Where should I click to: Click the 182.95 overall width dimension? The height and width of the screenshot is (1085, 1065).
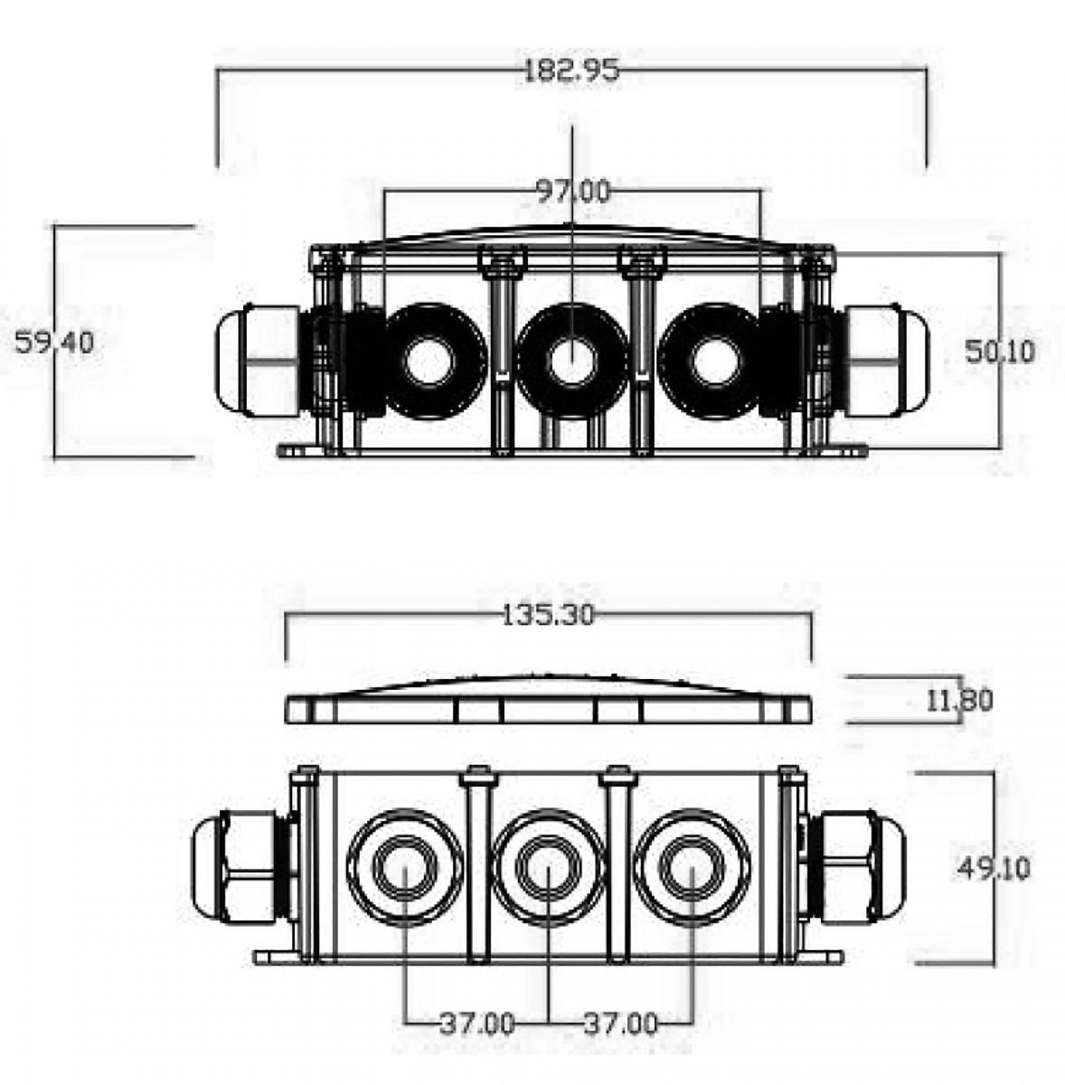(x=571, y=71)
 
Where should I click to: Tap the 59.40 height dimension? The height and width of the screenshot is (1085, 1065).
(x=54, y=343)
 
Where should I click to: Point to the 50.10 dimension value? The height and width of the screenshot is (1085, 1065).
(x=1000, y=352)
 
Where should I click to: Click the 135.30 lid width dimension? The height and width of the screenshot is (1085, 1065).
(x=548, y=616)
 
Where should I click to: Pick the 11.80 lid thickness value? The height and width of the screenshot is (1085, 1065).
(x=959, y=701)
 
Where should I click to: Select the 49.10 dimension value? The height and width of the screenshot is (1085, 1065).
(x=994, y=868)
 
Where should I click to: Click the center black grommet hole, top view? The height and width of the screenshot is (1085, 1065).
(x=571, y=361)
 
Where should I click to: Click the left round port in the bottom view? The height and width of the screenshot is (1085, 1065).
(x=405, y=868)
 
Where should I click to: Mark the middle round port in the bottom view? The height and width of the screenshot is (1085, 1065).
(x=548, y=868)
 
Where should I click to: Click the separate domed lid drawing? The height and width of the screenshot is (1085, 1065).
(x=549, y=699)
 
